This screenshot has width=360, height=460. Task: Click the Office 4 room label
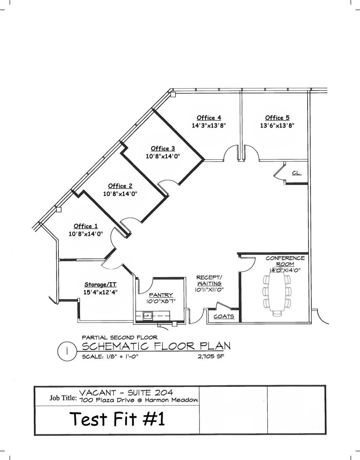point(209,118)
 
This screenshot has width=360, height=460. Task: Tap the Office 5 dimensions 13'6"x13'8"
point(277,125)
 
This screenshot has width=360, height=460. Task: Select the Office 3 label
point(163,149)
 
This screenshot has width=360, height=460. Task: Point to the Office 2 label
point(120,186)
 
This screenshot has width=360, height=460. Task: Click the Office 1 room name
point(86,226)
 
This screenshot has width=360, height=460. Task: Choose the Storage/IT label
point(100,285)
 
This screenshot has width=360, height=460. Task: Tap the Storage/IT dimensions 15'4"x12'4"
point(100,292)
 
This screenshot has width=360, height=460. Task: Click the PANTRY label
point(161,295)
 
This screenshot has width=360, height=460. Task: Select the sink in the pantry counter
point(148,316)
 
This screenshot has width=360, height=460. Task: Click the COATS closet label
point(224,316)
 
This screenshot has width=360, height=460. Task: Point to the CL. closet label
point(297,173)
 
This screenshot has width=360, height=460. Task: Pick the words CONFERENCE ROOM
point(285,261)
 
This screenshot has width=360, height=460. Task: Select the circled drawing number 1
point(67,351)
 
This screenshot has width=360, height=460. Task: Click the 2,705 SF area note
point(211,356)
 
